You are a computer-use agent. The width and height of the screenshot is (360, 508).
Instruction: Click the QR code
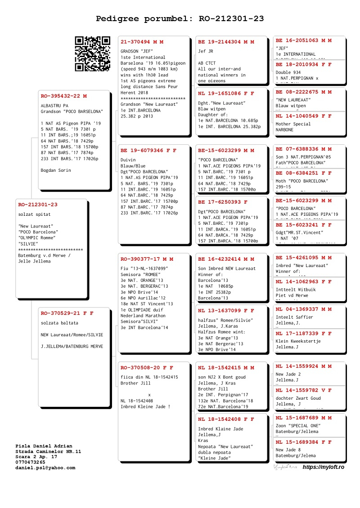[x=92, y=53]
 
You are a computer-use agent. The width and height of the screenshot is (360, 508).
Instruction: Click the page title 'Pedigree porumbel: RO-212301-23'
[x=180, y=18]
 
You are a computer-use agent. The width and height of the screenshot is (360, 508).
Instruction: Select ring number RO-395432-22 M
[x=63, y=96]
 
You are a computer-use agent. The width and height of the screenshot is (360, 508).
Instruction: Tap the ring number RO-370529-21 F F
[x=67, y=313]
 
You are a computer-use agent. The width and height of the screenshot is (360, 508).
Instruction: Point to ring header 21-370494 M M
[x=142, y=42]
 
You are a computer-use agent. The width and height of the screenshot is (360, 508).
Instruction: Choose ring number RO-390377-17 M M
[x=147, y=259]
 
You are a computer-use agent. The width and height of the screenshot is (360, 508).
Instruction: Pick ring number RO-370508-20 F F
[x=147, y=367]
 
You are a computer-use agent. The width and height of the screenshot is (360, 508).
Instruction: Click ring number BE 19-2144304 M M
[x=226, y=42]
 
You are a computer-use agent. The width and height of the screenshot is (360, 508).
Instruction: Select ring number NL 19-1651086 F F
[x=226, y=94]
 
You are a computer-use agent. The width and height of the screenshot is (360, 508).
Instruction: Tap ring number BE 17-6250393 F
[x=222, y=202]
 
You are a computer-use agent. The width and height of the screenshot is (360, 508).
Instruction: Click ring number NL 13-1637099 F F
[x=226, y=310]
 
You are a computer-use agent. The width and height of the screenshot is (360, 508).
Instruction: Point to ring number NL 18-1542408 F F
[x=226, y=419]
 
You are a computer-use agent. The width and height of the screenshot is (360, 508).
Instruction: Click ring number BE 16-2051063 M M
[x=303, y=40]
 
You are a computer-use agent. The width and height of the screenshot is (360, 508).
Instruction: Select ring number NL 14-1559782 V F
[x=303, y=390]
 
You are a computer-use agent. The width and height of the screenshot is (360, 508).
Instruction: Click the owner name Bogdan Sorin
[x=56, y=170]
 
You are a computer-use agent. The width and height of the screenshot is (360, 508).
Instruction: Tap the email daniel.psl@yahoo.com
[x=45, y=468]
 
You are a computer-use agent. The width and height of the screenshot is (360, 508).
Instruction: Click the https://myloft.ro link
[x=323, y=468]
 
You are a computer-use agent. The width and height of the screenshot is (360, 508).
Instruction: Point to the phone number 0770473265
[x=30, y=462]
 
